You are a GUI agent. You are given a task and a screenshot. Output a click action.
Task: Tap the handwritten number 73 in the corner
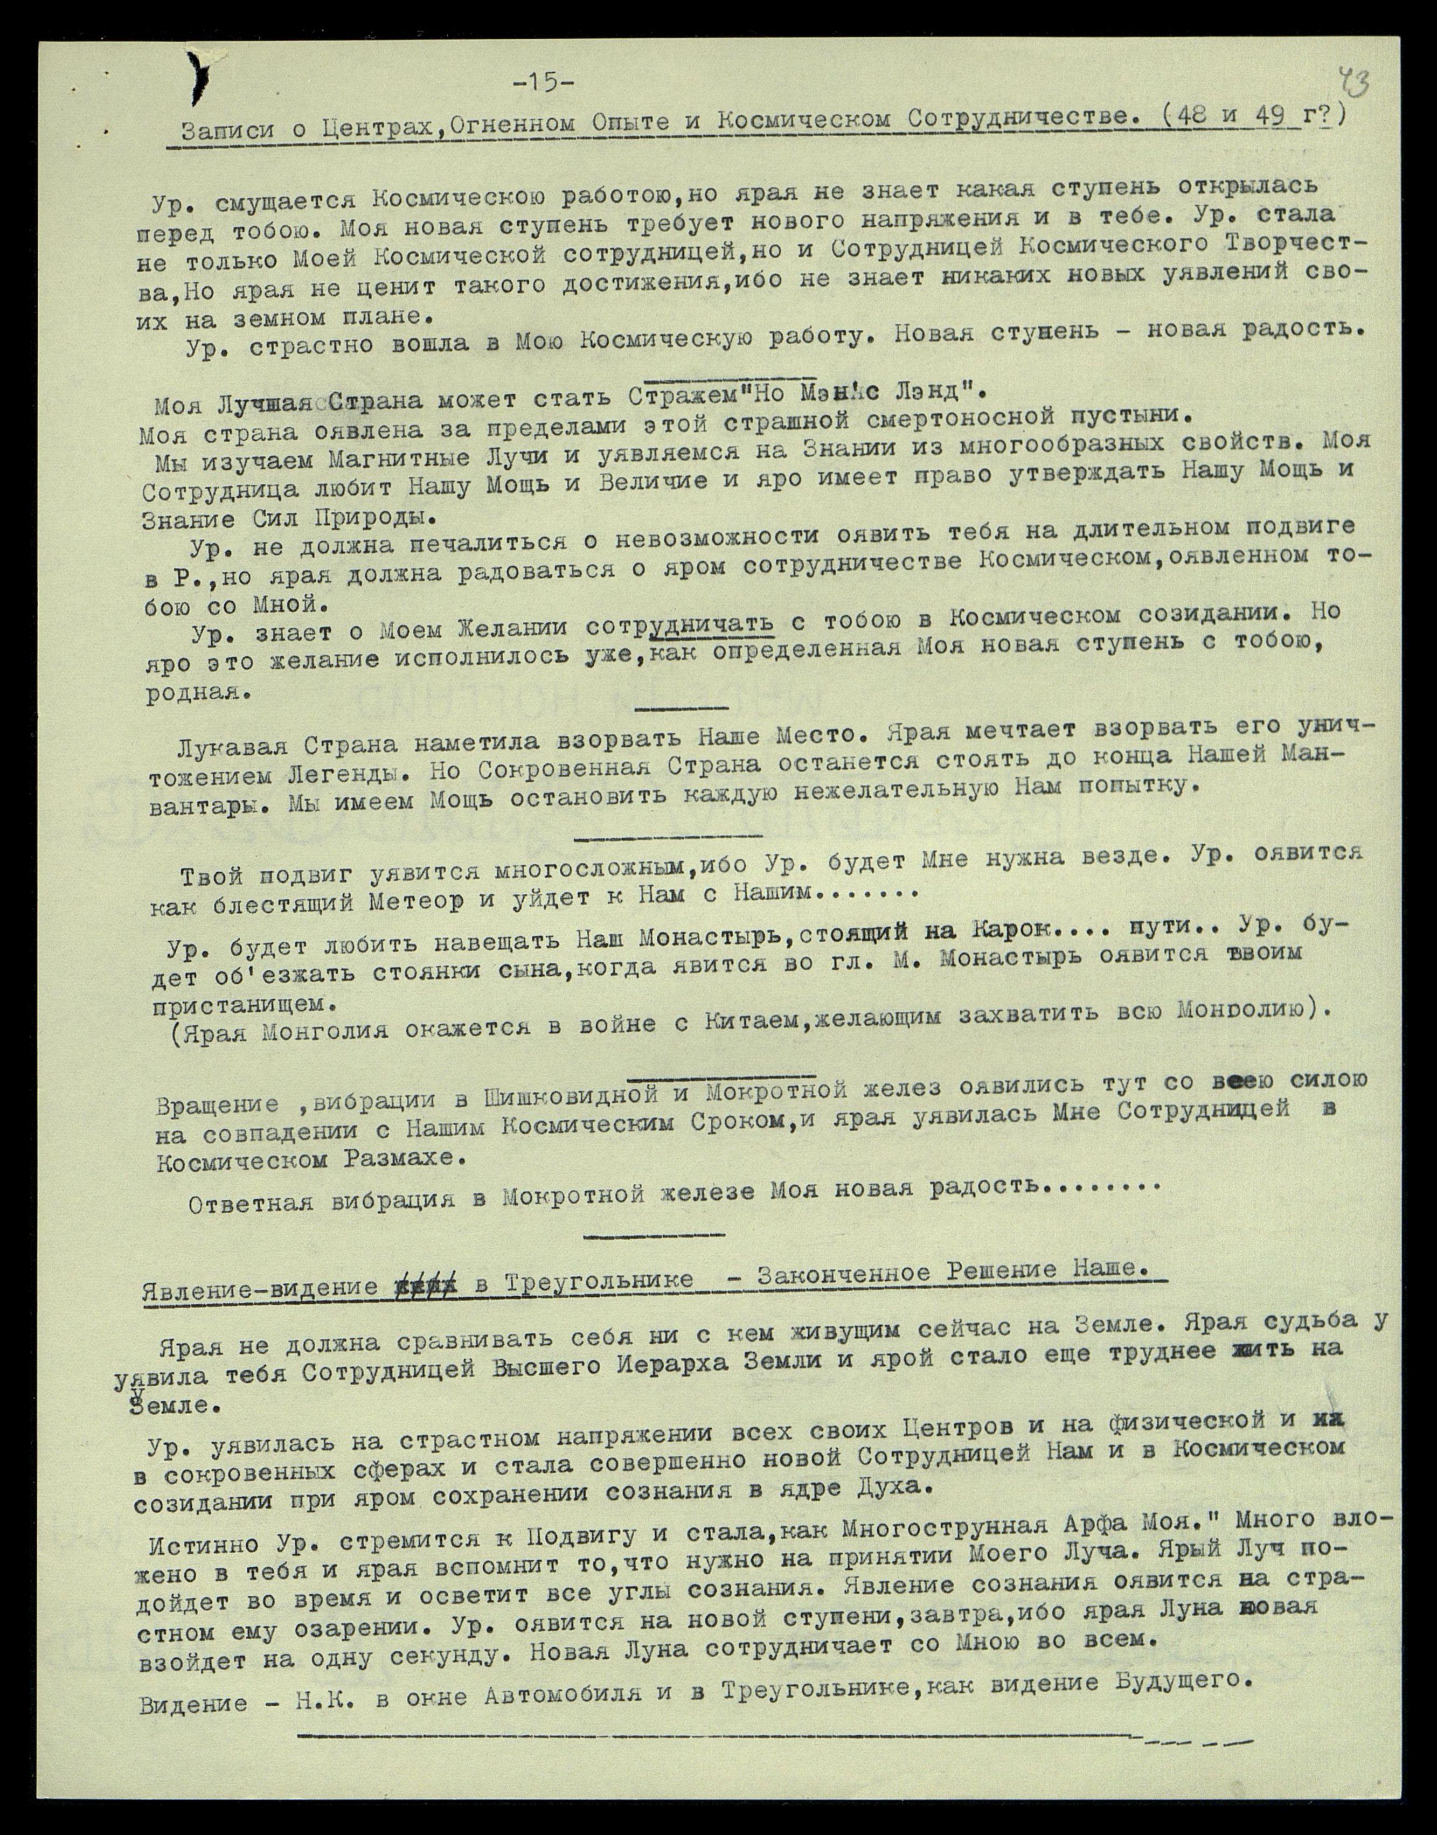[1353, 84]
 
